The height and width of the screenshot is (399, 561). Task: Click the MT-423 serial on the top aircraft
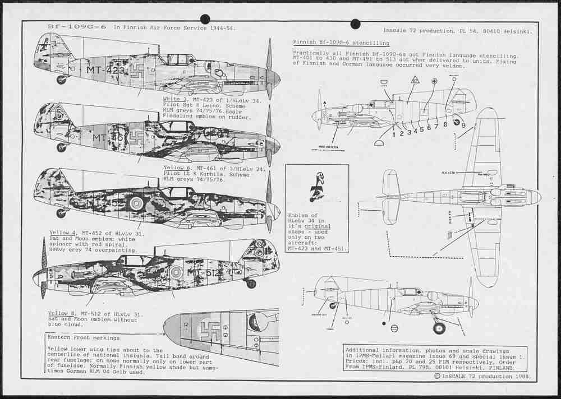(x=105, y=70)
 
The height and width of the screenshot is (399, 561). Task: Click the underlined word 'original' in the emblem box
(x=318, y=226)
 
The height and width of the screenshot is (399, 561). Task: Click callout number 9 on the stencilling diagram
(x=463, y=126)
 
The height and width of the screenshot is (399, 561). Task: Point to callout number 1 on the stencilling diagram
(x=394, y=134)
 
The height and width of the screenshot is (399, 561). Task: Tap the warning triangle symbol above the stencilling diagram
(x=415, y=80)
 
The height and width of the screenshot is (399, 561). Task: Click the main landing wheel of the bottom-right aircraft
(x=439, y=328)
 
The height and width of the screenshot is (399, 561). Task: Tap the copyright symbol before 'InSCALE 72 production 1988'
(x=437, y=376)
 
